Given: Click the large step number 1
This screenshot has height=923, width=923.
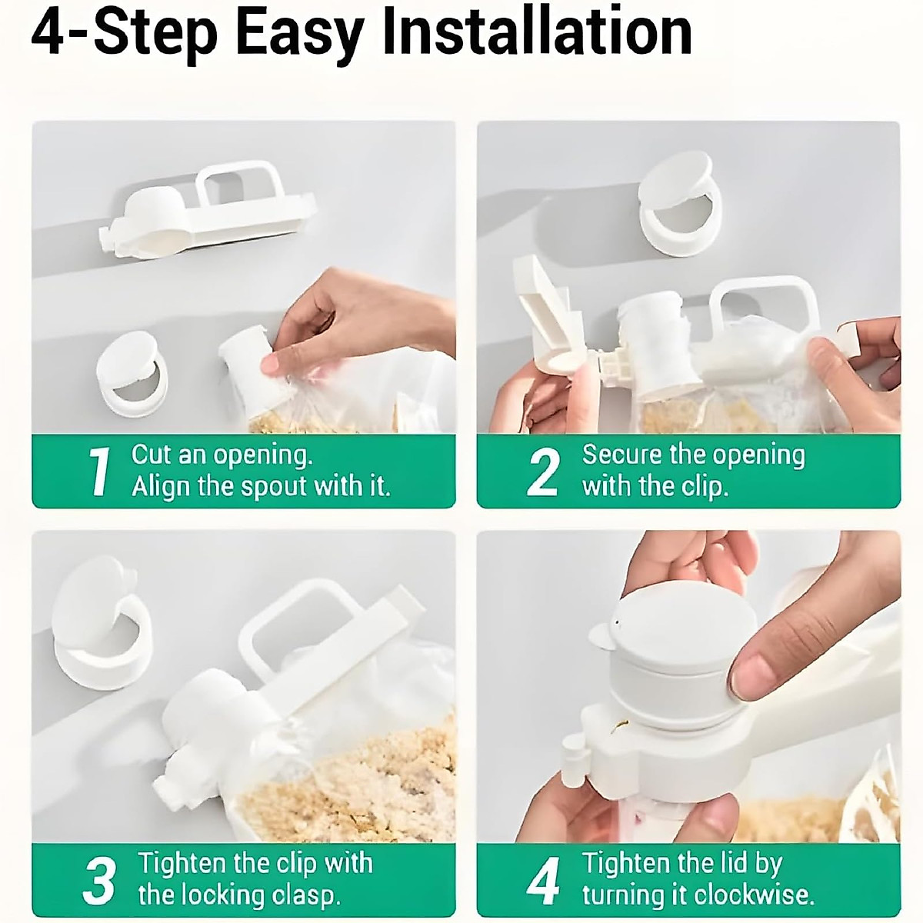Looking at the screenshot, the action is pos(100,471).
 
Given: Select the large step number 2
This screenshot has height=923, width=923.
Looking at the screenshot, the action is pos(543,471).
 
